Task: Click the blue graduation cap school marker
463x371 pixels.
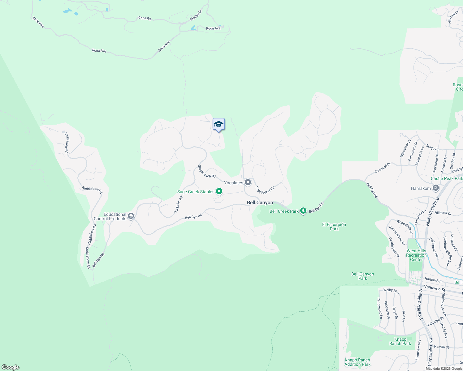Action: coord(219,124)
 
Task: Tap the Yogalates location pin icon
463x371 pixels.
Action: coord(248,182)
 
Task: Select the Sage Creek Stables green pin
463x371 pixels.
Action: coord(219,192)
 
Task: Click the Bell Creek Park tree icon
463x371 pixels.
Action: coord(303,211)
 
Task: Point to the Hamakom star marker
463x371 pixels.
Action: coord(436,188)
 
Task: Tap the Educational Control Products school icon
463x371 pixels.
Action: coord(131,216)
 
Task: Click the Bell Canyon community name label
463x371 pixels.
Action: coord(260,203)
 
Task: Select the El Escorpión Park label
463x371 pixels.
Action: coord(334,227)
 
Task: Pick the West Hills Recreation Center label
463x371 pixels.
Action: coord(416,255)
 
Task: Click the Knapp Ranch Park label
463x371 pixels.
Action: coord(400,341)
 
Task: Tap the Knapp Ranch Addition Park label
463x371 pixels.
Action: coord(357,362)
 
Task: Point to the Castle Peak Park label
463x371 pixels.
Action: coord(447,178)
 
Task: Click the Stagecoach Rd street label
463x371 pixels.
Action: coord(206,172)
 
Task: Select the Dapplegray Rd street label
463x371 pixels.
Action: coord(265,190)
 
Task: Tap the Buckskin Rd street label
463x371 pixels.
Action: coord(178,205)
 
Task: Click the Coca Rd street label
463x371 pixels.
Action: coord(145,18)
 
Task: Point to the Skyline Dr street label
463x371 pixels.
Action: coord(196,15)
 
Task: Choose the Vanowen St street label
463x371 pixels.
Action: coord(435,288)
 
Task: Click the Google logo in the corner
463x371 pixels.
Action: coord(11,367)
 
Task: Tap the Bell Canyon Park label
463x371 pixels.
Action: coord(362,276)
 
